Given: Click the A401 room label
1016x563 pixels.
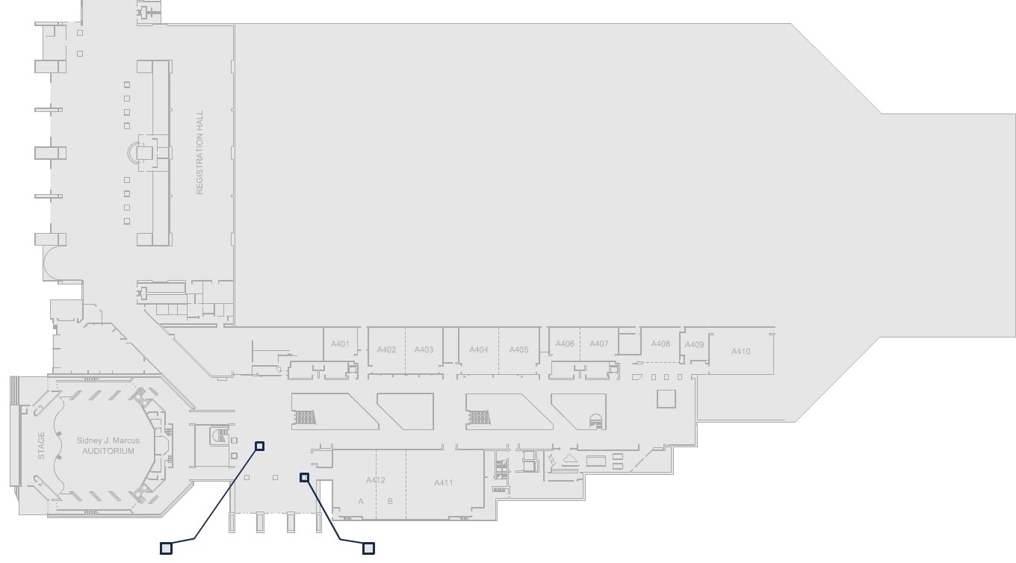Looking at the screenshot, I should coord(340,344).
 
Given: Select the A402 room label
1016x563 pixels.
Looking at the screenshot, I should coord(386,349).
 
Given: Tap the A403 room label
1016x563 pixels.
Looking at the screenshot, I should coord(424,349).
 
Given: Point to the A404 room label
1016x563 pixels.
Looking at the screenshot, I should coord(479,349).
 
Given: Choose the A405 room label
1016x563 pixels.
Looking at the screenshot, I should coord(518,349).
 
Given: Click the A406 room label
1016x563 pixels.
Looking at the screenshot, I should coord(565,344).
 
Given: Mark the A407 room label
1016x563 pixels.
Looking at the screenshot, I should coord(599,344).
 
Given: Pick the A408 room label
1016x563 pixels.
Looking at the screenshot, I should coord(660,344).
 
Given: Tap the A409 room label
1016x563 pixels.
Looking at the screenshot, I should coord(694,345).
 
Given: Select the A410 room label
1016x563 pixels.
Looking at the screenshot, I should coord(740,351).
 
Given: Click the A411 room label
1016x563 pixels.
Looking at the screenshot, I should coord(444,482).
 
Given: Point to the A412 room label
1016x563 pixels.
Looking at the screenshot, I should coord(376,480).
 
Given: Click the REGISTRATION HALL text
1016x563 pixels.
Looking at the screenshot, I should coord(199,153).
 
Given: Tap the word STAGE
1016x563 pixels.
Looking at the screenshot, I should coord(41,445).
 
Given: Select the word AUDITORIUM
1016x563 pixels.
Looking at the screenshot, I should coord(108,451).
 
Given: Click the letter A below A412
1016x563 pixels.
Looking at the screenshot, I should coord(361,501).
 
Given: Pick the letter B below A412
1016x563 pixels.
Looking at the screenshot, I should coord(390,501).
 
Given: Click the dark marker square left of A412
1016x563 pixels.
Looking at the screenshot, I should coord(304,477).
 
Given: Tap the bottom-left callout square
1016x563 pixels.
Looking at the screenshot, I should coord(167,549).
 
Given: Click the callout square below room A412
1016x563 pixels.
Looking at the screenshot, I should coord(368,549).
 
